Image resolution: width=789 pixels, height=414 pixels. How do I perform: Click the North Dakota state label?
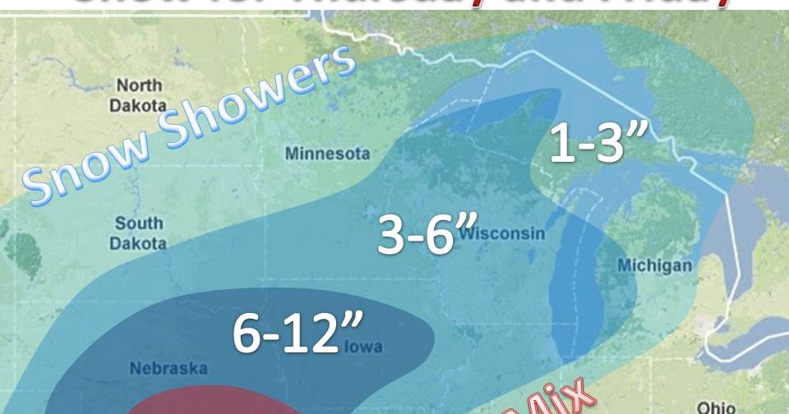pos(139,94)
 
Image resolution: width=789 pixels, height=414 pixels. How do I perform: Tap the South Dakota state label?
pos(140,232)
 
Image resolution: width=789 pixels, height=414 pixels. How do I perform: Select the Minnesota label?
pos(327,154)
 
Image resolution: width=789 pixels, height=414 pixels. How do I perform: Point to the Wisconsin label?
pos(502,234)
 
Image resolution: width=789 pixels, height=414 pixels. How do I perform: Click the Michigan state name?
pos(654,265)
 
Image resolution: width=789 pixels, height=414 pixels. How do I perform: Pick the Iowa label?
pos(362,347)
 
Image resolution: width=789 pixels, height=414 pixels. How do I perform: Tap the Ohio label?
pos(717,406)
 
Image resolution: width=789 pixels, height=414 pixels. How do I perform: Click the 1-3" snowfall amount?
pos(596,145)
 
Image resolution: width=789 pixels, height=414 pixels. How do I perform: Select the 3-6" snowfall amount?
pos(416,236)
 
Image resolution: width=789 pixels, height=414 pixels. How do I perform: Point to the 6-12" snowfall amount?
pos(286,333)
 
